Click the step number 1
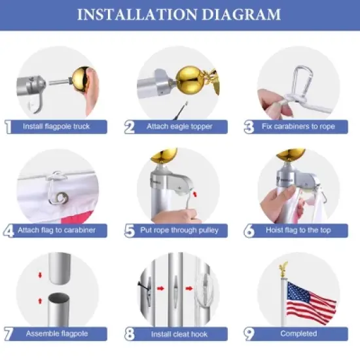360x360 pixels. tap(8, 127)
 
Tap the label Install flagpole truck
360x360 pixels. tap(56, 126)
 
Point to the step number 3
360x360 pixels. tap(249, 127)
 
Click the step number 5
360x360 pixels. tap(129, 230)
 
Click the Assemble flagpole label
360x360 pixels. tap(57, 334)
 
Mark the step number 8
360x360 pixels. tap(129, 334)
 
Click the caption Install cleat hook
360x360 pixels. tap(179, 334)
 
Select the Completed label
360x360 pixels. tap(300, 334)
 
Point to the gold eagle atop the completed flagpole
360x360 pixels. tap(283, 268)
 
